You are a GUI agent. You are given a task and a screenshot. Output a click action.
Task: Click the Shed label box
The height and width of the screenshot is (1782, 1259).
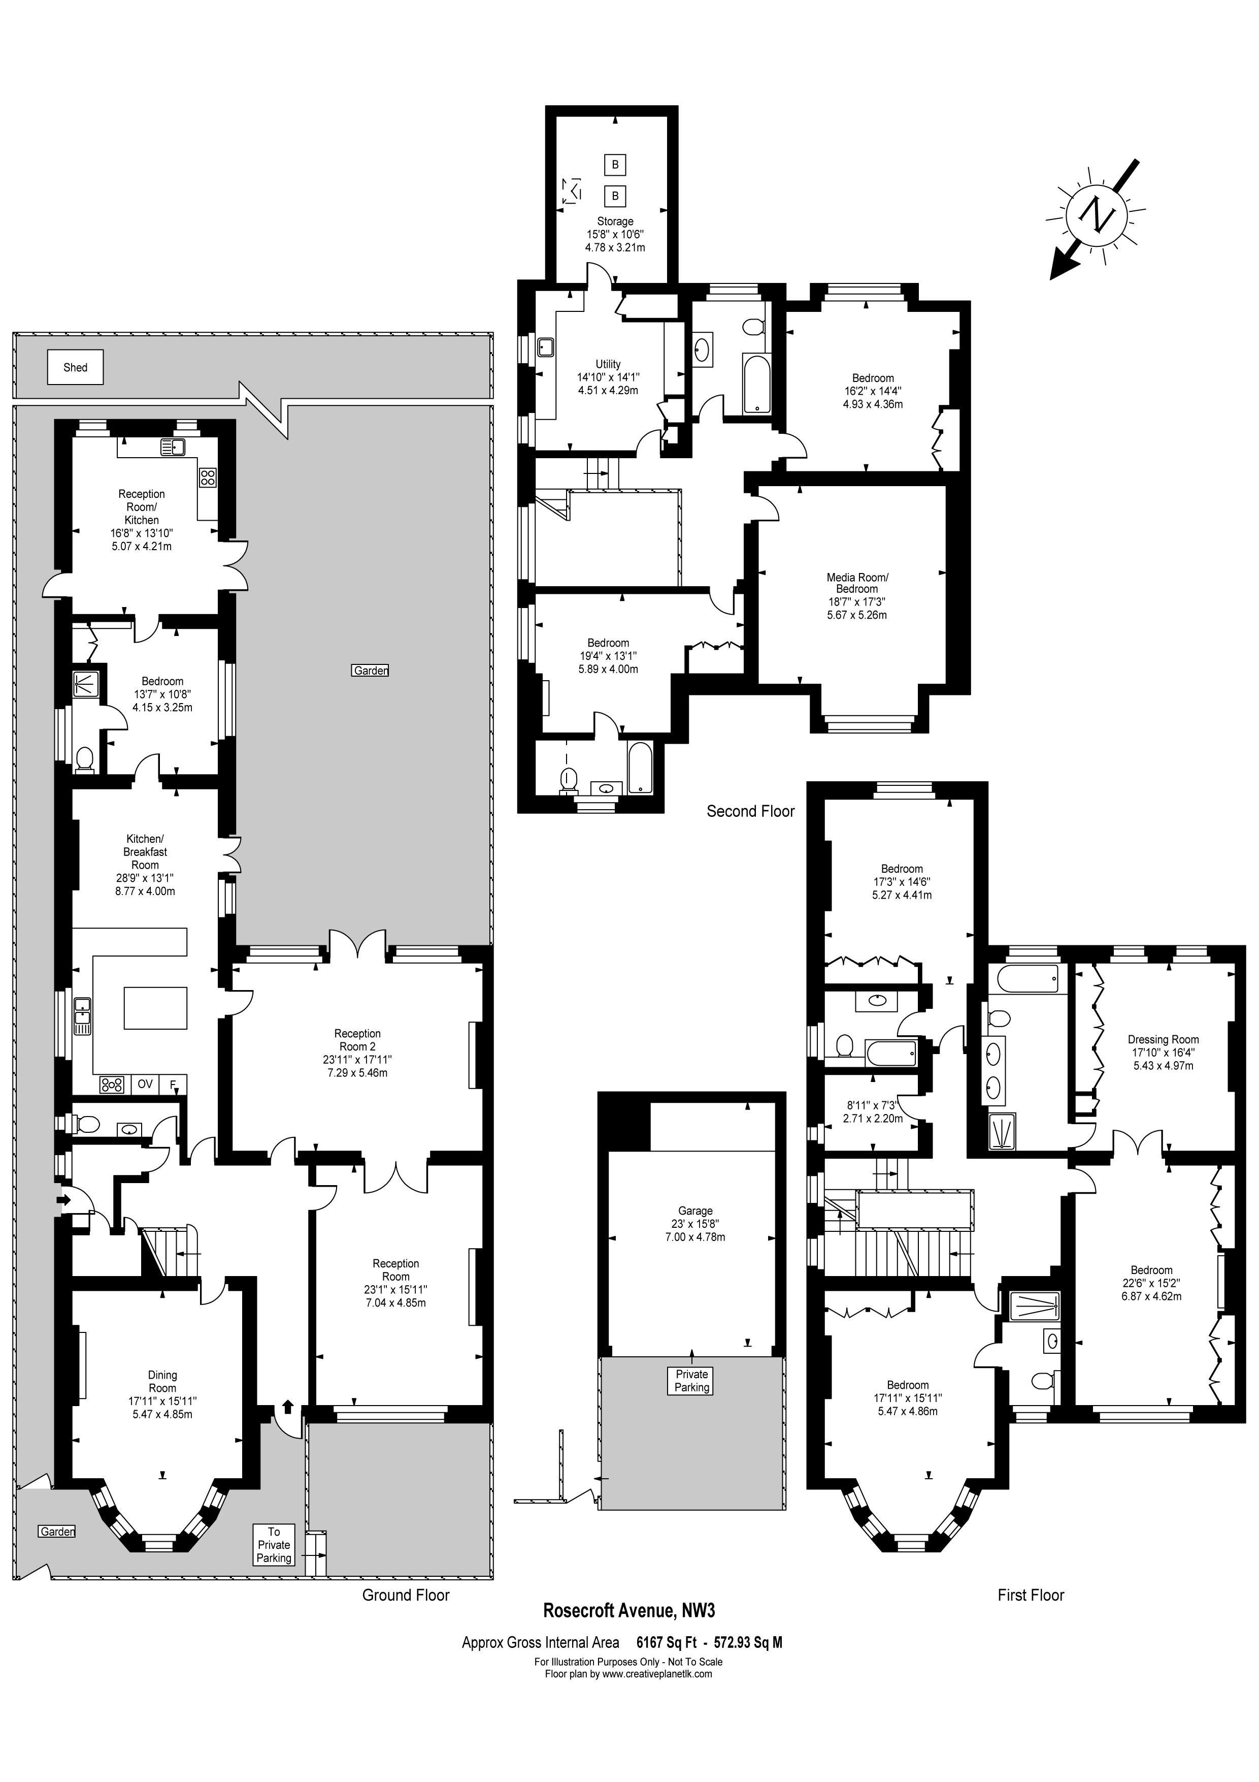click(x=75, y=367)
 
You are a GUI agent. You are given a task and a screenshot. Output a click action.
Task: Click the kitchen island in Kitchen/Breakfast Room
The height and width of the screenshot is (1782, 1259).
click(x=156, y=1007)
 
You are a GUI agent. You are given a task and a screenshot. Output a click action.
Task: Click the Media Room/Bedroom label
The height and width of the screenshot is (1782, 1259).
click(x=857, y=583)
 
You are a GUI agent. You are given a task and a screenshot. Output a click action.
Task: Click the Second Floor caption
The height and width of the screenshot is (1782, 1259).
click(x=750, y=811)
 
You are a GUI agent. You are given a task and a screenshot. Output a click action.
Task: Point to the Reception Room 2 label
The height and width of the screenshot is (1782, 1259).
click(x=357, y=1039)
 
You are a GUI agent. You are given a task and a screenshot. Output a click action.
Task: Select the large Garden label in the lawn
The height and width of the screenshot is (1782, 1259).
click(x=370, y=671)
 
